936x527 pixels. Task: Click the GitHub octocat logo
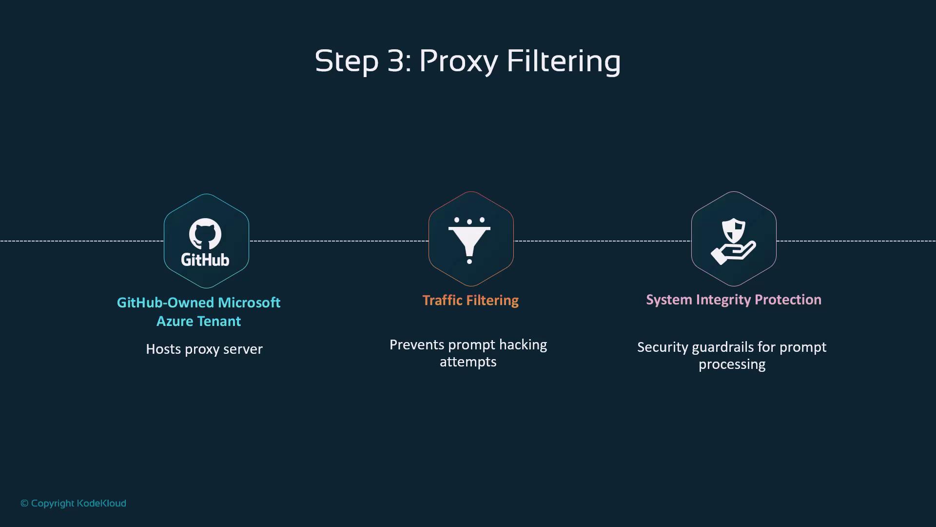click(205, 234)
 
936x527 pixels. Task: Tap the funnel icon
click(469, 241)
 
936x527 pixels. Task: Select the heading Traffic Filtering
click(470, 300)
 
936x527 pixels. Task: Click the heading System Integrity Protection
click(734, 300)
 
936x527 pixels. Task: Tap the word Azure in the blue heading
click(175, 321)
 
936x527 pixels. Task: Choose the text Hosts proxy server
click(204, 349)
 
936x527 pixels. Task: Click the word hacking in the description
click(523, 345)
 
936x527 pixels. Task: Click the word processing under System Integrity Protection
click(732, 365)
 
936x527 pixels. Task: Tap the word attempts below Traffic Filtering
click(468, 362)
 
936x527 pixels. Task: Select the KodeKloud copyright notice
click(73, 503)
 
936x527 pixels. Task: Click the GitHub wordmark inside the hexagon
click(205, 259)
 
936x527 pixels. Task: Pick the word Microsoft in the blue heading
click(249, 303)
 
